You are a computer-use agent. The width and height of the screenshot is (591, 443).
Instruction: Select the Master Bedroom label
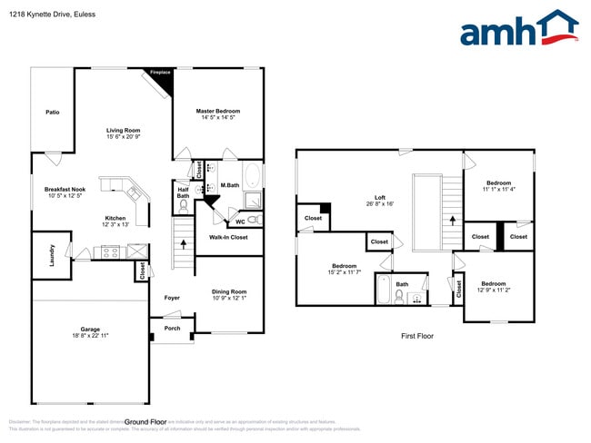(218, 111)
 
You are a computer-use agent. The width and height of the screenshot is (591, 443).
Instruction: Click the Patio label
(53, 112)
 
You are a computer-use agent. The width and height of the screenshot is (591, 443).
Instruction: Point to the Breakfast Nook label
(65, 189)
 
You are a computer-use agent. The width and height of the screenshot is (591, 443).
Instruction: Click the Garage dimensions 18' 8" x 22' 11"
(90, 336)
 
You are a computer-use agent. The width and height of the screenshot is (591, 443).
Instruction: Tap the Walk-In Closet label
(228, 238)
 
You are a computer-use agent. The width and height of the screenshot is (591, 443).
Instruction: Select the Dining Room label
(229, 291)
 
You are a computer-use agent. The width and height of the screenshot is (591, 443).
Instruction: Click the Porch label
(172, 328)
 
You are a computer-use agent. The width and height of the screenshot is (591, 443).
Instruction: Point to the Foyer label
(172, 298)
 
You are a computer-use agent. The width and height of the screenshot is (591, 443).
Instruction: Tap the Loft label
(380, 197)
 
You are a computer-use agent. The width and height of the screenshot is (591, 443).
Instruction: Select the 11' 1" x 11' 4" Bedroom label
(497, 182)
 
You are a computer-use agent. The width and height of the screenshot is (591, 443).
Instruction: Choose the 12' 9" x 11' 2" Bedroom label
(498, 283)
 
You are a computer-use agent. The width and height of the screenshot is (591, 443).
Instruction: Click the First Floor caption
(417, 336)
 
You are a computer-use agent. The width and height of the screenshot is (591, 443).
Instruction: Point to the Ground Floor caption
(145, 421)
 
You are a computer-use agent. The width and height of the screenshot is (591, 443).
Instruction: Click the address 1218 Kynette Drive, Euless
(51, 15)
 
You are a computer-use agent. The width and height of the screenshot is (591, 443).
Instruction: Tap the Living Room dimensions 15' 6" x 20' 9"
(124, 137)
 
